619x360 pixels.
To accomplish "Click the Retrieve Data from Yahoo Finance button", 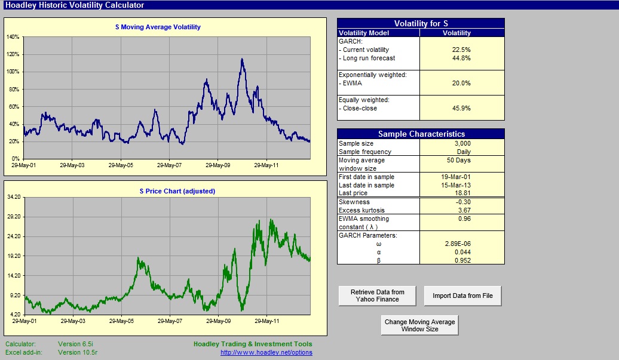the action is (x=378, y=296).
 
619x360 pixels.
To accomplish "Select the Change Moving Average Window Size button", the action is (x=419, y=325).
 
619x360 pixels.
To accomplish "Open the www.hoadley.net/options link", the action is (x=266, y=352).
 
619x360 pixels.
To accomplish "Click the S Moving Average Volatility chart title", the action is (x=158, y=27).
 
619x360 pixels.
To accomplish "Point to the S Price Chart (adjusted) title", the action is (x=177, y=191).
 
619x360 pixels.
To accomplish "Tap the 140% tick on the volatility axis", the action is (x=13, y=36).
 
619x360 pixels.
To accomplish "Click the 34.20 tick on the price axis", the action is (x=14, y=197).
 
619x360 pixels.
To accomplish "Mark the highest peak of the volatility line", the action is (x=242, y=59).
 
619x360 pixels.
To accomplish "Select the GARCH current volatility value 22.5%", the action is (x=461, y=50).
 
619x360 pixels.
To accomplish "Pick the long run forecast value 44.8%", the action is (x=461, y=58).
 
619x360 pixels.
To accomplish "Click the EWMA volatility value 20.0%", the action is (x=461, y=83).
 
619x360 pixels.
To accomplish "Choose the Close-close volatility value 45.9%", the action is (x=461, y=108).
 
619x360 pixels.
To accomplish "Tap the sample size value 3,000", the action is (x=462, y=143).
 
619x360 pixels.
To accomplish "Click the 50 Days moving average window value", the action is (x=459, y=160).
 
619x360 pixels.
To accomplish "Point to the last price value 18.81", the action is (x=462, y=193).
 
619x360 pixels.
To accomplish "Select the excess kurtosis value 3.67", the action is (x=464, y=210).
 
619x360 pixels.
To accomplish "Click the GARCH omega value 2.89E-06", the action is (x=458, y=244).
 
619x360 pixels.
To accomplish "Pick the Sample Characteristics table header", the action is (x=421, y=134).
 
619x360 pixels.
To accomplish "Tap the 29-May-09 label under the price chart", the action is (x=218, y=321).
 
